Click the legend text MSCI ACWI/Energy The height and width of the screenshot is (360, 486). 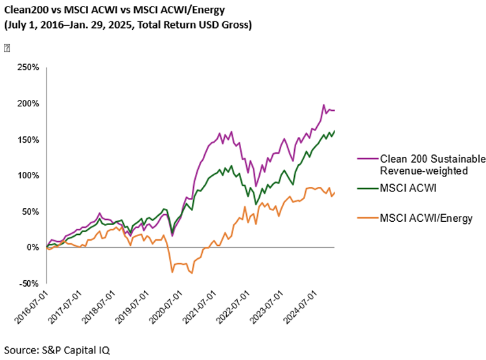[x=426, y=218]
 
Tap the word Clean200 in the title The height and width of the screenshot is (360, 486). [x=27, y=11]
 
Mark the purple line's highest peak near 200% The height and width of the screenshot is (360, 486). [x=323, y=105]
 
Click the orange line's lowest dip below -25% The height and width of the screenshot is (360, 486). [x=192, y=273]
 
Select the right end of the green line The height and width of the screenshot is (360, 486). [x=334, y=131]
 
